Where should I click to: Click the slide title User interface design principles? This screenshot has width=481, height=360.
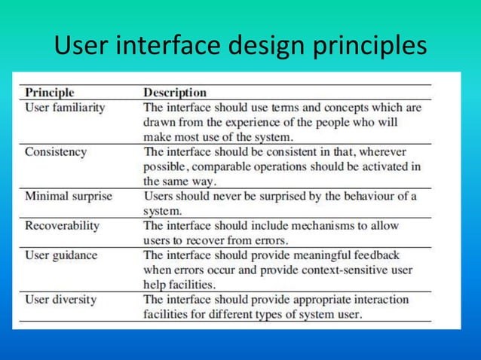[240, 45]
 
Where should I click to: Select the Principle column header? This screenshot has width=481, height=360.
[50, 93]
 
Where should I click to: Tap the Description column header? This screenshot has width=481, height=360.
[175, 93]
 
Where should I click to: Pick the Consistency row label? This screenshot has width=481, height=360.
[56, 151]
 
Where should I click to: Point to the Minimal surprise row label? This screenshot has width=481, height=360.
[69, 196]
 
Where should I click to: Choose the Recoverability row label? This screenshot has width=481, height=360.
[63, 225]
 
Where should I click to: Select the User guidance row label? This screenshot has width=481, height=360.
[61, 255]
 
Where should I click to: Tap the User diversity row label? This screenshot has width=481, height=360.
[61, 299]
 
